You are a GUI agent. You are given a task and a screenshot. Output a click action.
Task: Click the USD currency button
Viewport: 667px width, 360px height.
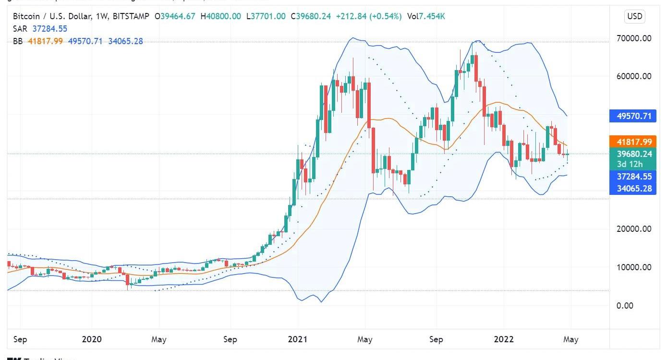634,16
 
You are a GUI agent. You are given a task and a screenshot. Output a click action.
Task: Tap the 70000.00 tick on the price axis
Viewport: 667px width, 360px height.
634,38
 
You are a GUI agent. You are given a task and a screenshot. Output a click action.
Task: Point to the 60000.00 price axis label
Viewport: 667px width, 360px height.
634,76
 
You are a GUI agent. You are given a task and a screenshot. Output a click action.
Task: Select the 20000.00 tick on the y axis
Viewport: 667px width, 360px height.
634,229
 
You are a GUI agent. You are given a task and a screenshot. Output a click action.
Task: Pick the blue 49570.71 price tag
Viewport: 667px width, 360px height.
634,116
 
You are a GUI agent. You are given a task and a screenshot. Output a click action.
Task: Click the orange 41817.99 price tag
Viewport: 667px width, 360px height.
634,142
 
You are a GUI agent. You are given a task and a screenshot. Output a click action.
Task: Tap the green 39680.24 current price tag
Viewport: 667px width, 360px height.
634,154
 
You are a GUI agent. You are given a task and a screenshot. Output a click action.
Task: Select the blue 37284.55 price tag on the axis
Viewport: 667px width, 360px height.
634,177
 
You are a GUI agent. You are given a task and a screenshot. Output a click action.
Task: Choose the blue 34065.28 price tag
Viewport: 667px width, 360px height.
634,188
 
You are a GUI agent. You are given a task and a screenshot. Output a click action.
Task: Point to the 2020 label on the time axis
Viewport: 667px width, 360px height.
92,339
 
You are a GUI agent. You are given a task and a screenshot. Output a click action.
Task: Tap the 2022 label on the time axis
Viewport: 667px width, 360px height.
504,339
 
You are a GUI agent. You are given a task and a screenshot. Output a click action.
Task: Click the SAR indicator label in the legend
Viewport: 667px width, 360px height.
20,29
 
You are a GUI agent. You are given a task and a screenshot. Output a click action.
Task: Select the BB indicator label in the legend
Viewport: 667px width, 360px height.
18,41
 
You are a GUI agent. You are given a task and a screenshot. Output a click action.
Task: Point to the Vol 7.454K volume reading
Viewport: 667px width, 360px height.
426,16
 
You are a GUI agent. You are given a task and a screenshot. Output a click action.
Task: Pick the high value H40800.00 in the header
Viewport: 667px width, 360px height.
220,16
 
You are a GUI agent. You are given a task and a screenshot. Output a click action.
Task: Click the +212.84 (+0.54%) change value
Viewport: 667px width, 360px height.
369,16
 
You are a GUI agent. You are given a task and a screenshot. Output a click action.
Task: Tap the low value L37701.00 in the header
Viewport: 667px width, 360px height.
267,16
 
